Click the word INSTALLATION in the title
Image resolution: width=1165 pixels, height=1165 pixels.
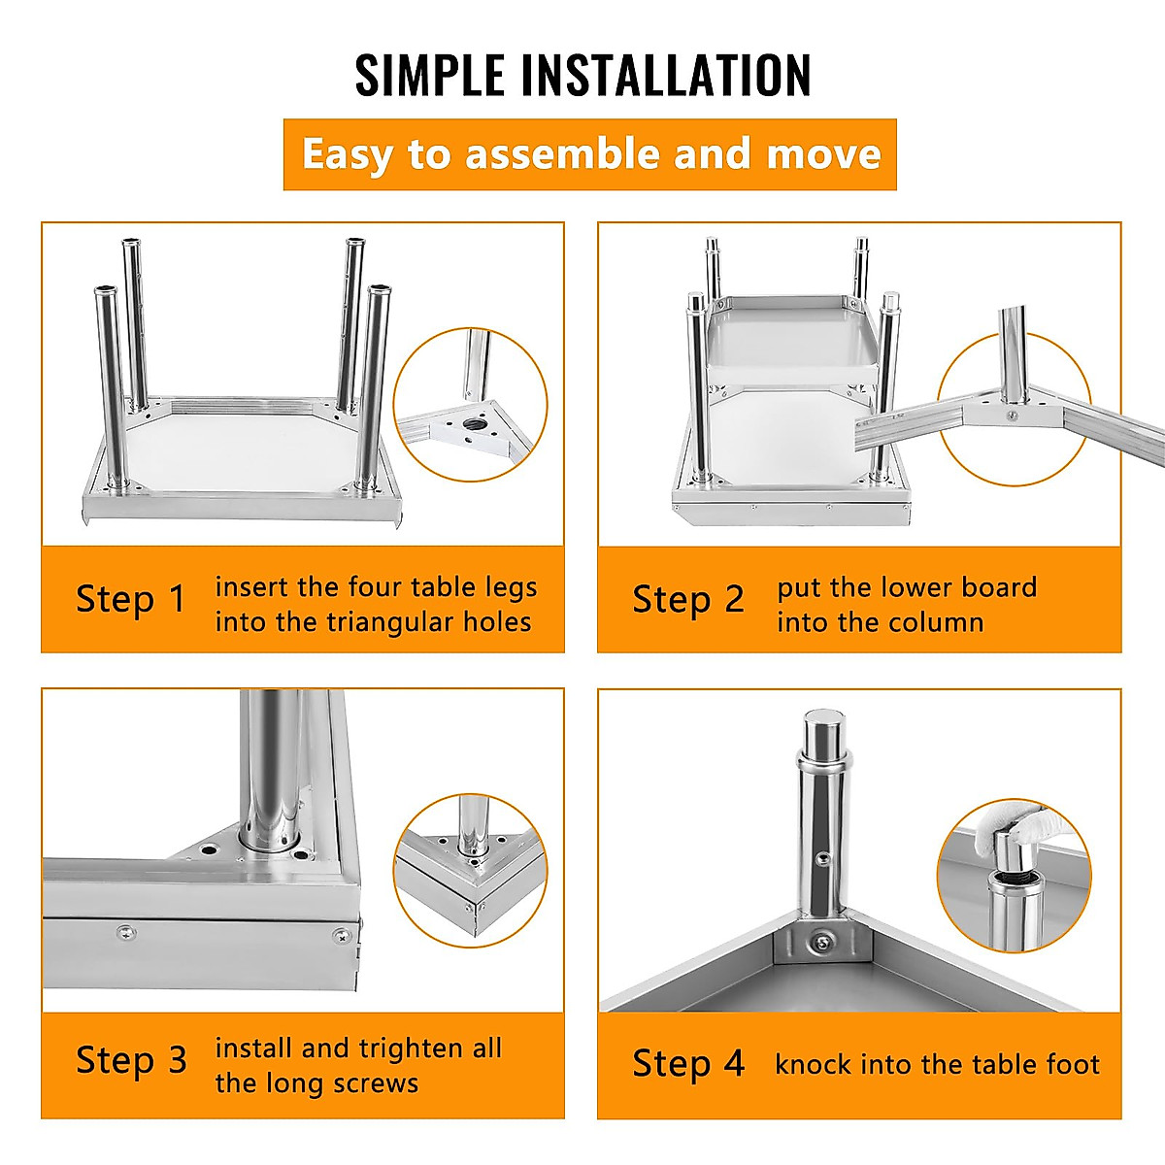click(x=665, y=75)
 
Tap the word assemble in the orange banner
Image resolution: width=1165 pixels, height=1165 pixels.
click(x=563, y=153)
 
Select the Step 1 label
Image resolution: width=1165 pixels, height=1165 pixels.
click(x=131, y=600)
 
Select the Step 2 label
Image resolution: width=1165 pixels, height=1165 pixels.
click(x=688, y=600)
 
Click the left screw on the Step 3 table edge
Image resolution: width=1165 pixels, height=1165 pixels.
click(x=126, y=933)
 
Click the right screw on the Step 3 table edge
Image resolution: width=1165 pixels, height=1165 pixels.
click(x=342, y=937)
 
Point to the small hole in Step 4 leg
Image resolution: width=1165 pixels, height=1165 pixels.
click(x=821, y=858)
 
